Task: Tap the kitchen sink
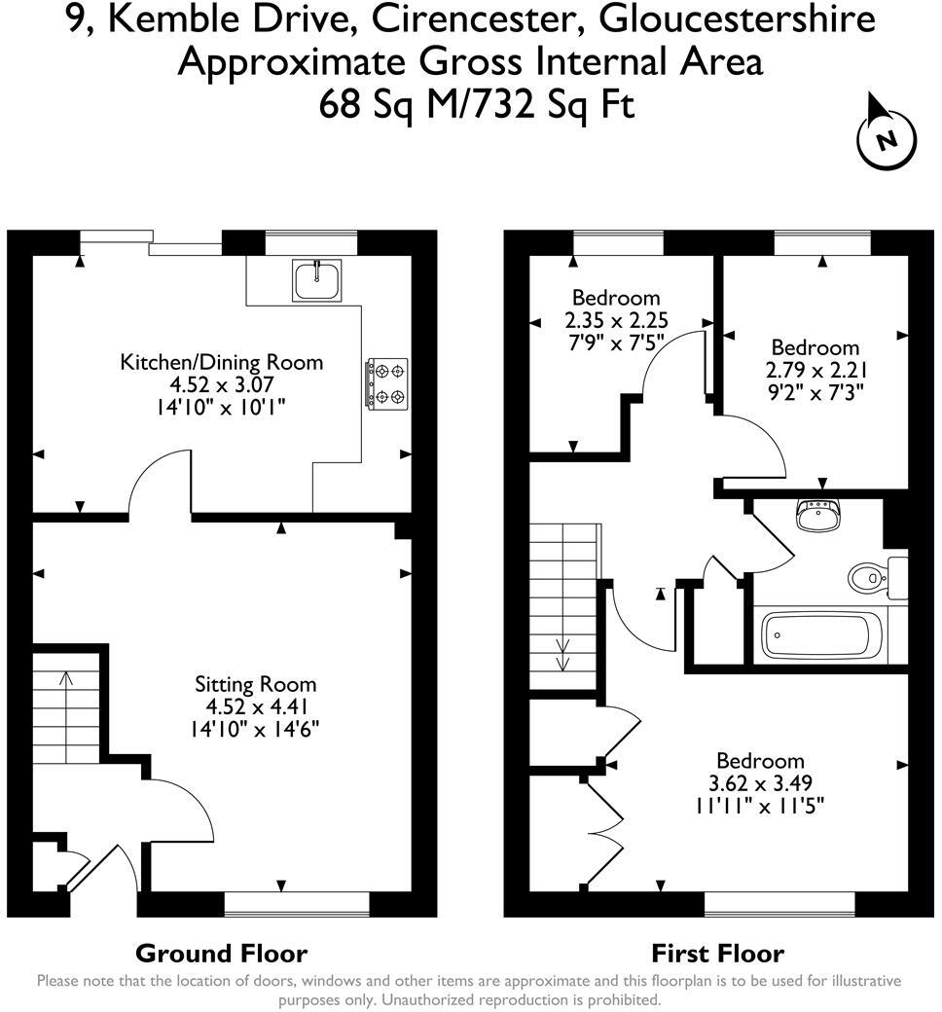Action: [x=317, y=279]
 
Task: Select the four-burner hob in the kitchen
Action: [x=386, y=383]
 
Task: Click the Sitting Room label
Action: [x=255, y=685]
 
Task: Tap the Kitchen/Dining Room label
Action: [x=221, y=363]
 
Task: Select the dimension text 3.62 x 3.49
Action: [x=760, y=783]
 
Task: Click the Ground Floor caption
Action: [x=221, y=954]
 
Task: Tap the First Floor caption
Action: [x=717, y=954]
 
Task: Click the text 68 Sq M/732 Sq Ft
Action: [x=477, y=103]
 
